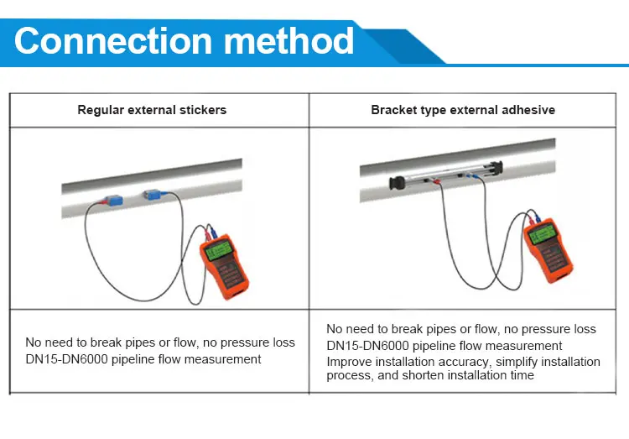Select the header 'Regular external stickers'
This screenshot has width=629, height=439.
click(152, 110)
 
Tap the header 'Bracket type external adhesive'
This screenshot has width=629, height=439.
click(463, 110)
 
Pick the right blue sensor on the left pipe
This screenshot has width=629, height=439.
click(156, 196)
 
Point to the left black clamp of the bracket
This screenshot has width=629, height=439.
click(391, 181)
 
